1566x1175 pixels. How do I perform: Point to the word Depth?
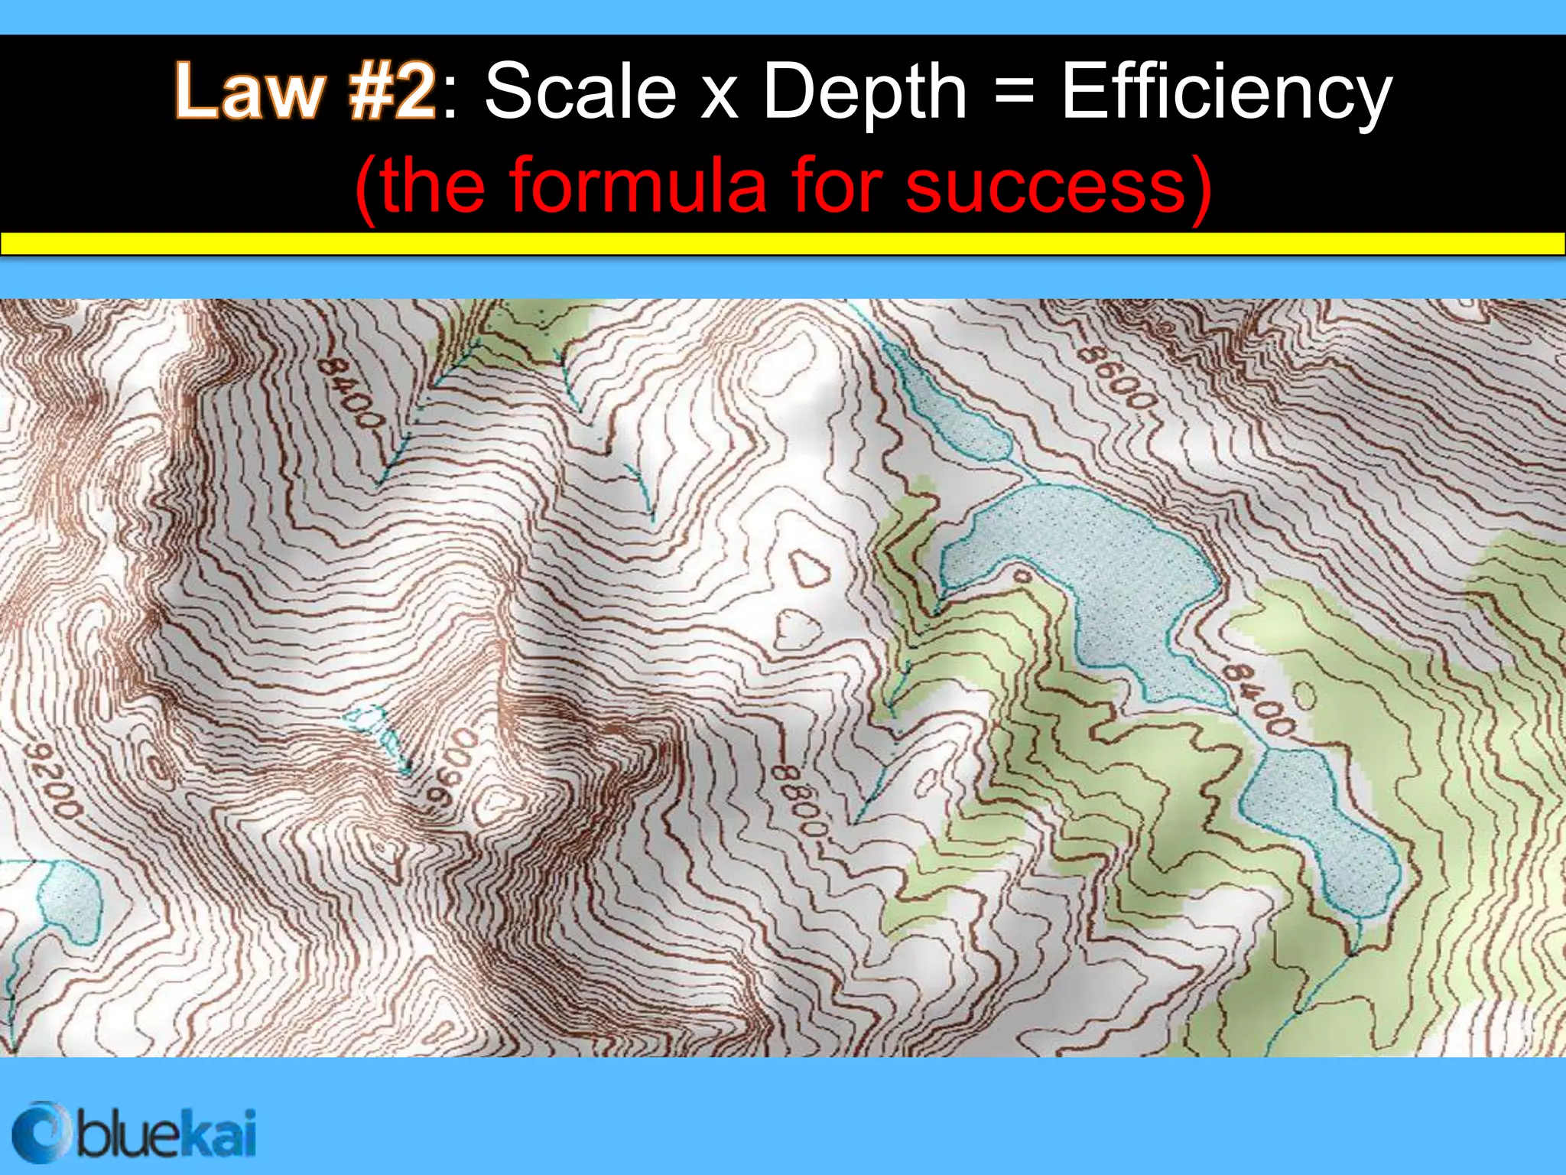[865, 93]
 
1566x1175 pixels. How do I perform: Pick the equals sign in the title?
[1015, 93]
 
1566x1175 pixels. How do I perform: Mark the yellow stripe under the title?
[783, 243]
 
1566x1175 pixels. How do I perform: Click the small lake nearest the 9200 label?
[69, 899]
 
